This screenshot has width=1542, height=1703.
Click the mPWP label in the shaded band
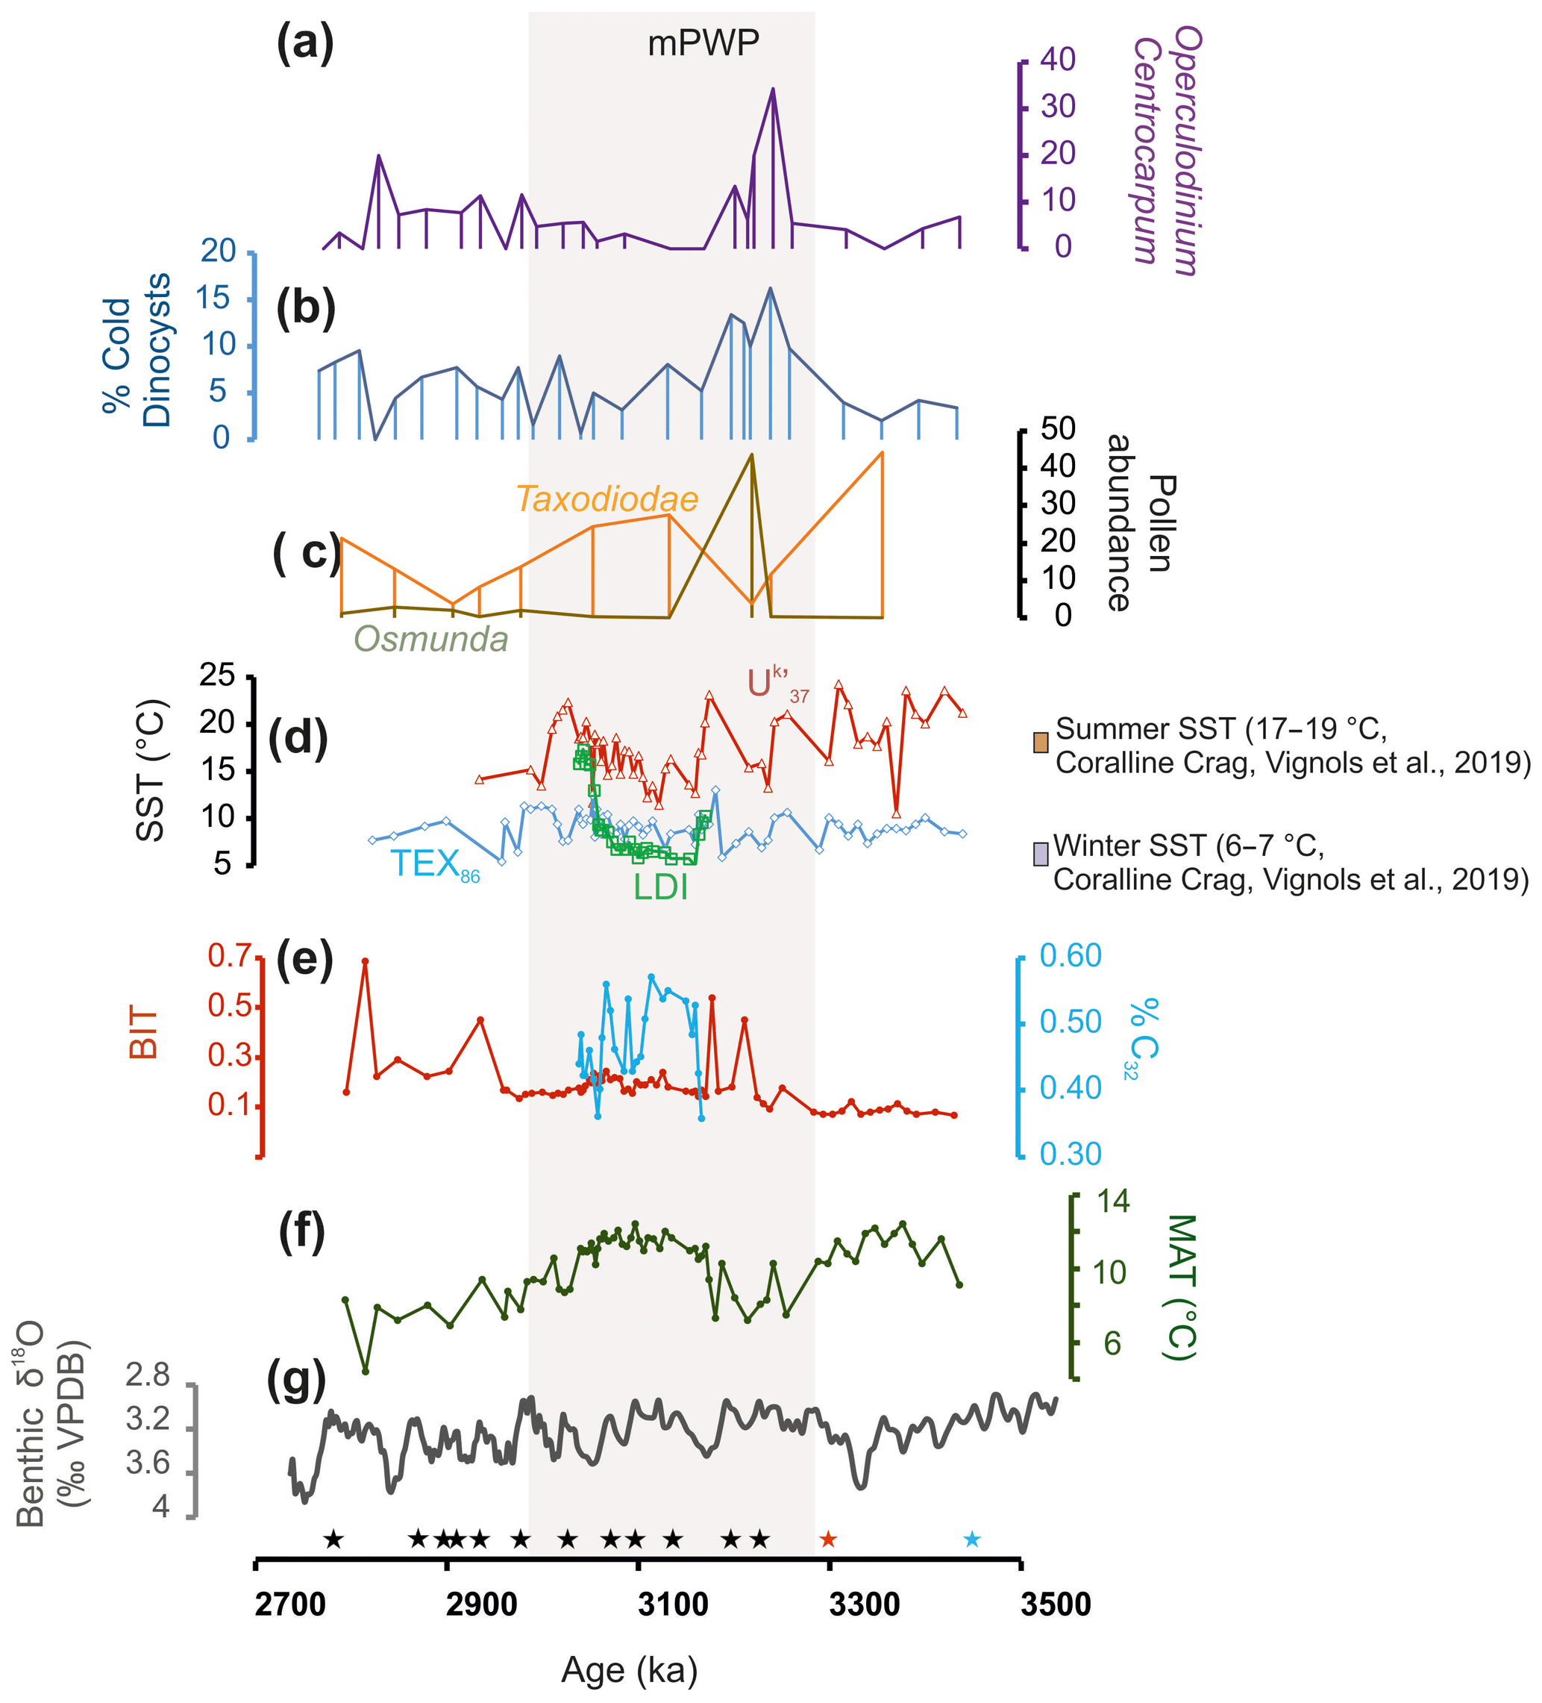[703, 43]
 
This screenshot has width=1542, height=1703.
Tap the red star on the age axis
[828, 1539]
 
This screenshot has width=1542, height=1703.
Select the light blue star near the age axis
[972, 1539]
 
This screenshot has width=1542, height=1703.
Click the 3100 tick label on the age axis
[673, 1604]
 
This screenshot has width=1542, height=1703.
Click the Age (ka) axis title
[629, 1670]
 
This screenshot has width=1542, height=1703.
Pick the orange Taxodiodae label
[607, 499]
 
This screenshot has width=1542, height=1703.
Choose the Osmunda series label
[430, 640]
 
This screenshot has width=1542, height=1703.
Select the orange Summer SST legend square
[1041, 743]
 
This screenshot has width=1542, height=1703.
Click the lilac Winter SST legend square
[1041, 853]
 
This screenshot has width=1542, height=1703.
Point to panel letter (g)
[295, 1382]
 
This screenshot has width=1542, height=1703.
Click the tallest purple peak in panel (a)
[773, 90]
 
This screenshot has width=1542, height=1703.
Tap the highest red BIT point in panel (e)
[365, 961]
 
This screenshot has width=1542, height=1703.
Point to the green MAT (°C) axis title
[1179, 1287]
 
